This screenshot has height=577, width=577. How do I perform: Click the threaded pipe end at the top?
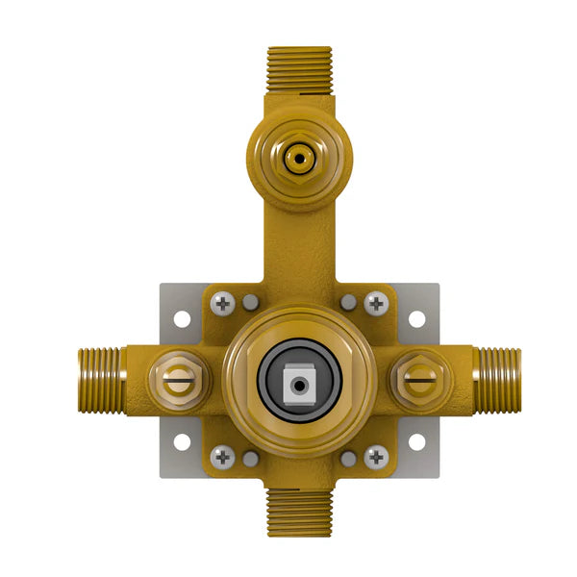(299, 69)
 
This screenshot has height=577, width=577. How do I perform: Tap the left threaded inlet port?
(100, 375)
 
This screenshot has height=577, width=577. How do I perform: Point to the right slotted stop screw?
(420, 378)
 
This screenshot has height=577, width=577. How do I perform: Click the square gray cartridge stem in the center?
(299, 383)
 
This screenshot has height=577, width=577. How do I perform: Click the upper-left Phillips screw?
(222, 303)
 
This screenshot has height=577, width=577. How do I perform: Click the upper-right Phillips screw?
(376, 303)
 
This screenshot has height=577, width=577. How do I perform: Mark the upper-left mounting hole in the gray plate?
(181, 318)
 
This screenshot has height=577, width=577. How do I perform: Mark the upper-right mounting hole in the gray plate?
(416, 318)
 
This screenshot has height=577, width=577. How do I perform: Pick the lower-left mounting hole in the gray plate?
(181, 442)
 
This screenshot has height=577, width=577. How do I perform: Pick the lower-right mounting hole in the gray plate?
(416, 442)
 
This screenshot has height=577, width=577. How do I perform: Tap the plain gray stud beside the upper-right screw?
(348, 303)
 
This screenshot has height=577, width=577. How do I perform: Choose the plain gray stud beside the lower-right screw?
(348, 459)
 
